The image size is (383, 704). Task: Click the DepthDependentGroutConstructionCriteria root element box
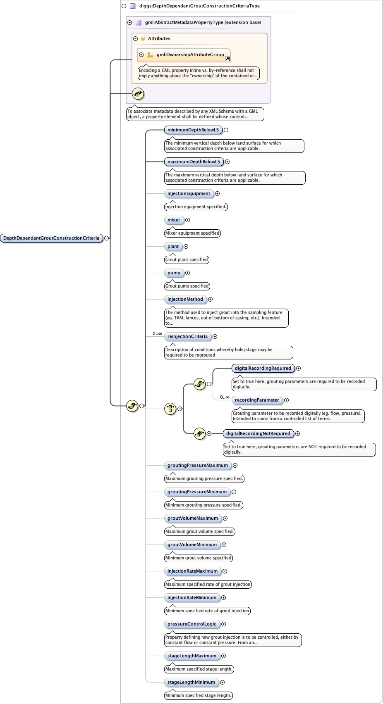[x=51, y=238]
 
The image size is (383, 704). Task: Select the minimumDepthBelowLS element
[x=193, y=130]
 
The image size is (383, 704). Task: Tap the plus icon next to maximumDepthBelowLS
[x=227, y=162]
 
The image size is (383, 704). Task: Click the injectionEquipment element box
[x=189, y=193]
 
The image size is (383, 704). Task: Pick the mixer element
[x=174, y=220]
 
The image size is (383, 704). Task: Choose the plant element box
[x=173, y=246]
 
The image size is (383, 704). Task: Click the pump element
[x=174, y=273]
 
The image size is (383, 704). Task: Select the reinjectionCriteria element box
[x=187, y=336]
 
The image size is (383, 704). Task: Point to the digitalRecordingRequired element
[x=263, y=368]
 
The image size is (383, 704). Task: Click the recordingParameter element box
[x=257, y=400]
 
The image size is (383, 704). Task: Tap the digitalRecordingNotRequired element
[x=258, y=433]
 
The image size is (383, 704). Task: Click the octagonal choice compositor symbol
[x=170, y=409]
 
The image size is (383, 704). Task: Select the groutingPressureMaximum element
[x=197, y=465]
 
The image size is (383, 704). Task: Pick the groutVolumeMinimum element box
[x=192, y=545]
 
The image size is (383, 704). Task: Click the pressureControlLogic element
[x=191, y=624]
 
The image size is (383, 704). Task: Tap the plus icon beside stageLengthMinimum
[x=222, y=682]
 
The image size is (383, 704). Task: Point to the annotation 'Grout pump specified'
[x=187, y=286]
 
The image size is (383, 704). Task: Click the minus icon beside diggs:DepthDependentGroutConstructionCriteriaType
[x=124, y=6]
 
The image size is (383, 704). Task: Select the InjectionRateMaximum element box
[x=192, y=571]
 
